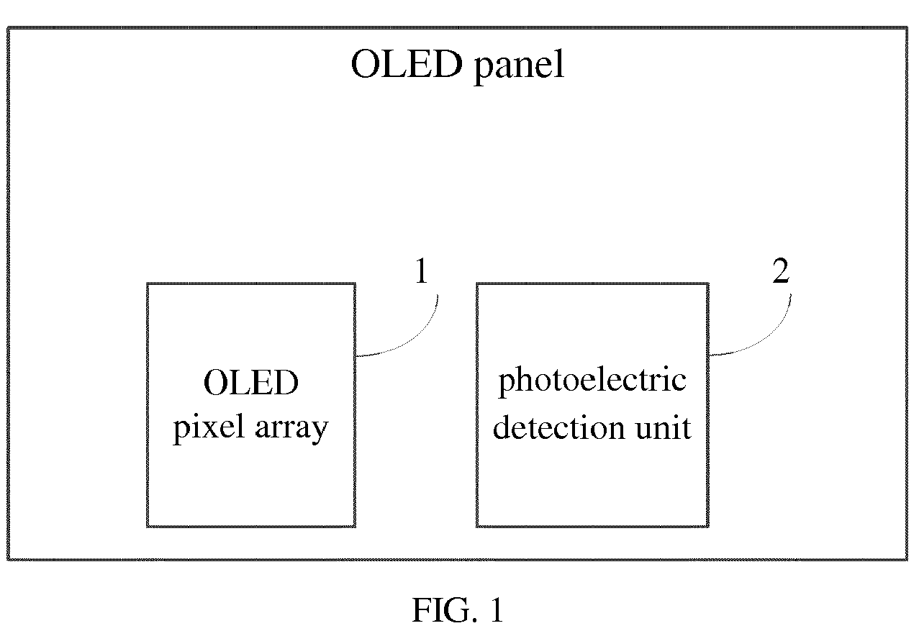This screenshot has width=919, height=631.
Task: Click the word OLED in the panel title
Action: click(407, 64)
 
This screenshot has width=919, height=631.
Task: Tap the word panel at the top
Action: click(519, 66)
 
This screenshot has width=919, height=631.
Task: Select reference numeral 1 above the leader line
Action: click(421, 271)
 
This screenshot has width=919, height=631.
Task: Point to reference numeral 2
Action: click(780, 271)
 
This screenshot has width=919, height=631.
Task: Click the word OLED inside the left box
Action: click(250, 382)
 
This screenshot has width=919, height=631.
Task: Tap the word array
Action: click(291, 430)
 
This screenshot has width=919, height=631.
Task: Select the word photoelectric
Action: click(592, 381)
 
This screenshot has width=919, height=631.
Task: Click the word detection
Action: click(558, 427)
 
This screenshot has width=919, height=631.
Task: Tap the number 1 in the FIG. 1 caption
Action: click(497, 609)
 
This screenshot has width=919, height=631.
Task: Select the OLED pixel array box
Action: click(251, 283)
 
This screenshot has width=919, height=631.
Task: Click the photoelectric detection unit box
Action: click(592, 283)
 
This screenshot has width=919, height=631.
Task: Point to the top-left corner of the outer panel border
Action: click(8, 28)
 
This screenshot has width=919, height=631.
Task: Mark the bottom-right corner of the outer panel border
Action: click(907, 559)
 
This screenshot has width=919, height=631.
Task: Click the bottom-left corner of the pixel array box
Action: click(148, 527)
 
